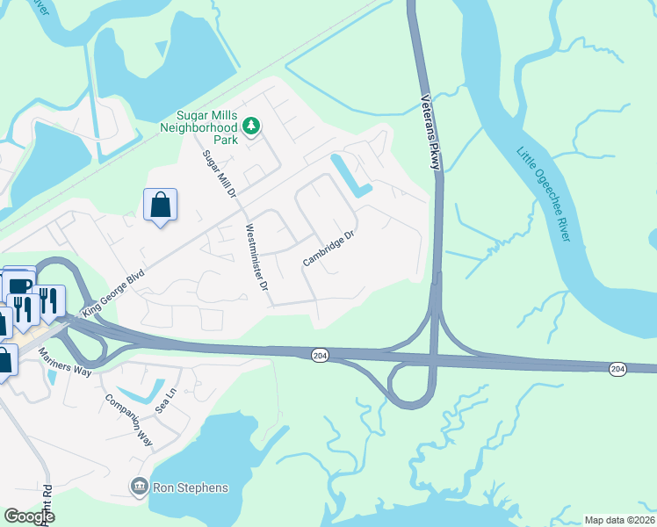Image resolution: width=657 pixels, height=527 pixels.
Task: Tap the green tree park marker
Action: (x=252, y=127)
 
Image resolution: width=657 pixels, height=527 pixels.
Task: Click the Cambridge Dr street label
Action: (x=328, y=249)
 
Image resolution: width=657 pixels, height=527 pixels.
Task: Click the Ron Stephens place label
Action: (x=190, y=487)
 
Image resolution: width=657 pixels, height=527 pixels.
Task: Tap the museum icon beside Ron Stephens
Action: (x=139, y=487)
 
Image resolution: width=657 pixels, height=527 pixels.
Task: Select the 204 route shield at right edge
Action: (x=617, y=368)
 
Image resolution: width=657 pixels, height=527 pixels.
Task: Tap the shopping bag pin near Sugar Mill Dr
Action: (x=161, y=206)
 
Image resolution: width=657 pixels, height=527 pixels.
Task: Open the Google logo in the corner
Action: (x=29, y=516)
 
